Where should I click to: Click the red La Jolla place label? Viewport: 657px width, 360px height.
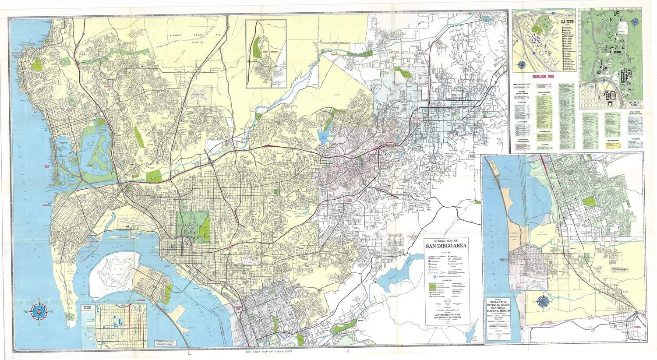point(16,53)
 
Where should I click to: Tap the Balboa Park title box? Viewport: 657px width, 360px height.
point(635,104)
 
